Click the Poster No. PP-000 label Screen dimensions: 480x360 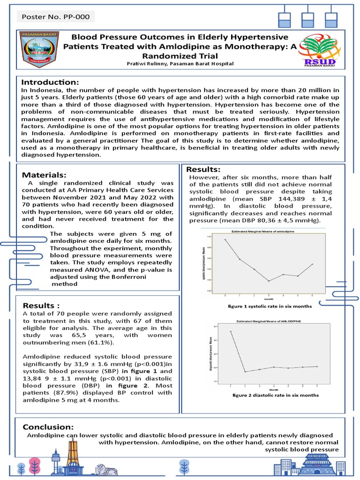[x=55, y=17]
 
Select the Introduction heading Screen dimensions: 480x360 [x=52, y=82]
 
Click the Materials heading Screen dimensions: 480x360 [x=48, y=174]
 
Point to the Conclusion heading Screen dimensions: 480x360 [x=48, y=427]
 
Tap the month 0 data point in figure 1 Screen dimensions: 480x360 [x=225, y=240]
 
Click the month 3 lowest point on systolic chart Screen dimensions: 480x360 [x=269, y=281]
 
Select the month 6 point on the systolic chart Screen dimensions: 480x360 [x=312, y=264]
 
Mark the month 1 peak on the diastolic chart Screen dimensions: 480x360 [x=231, y=331]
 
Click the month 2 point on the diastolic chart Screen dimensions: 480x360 [x=245, y=372]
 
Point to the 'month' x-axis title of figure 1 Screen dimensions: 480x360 [x=269, y=298]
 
